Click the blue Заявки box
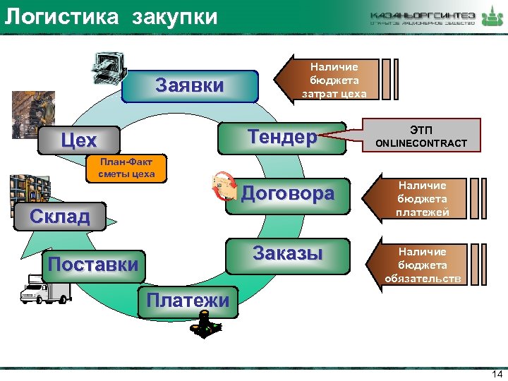189,87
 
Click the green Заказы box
288,254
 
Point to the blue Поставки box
92,265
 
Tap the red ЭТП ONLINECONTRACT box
421,137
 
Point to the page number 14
495,373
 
